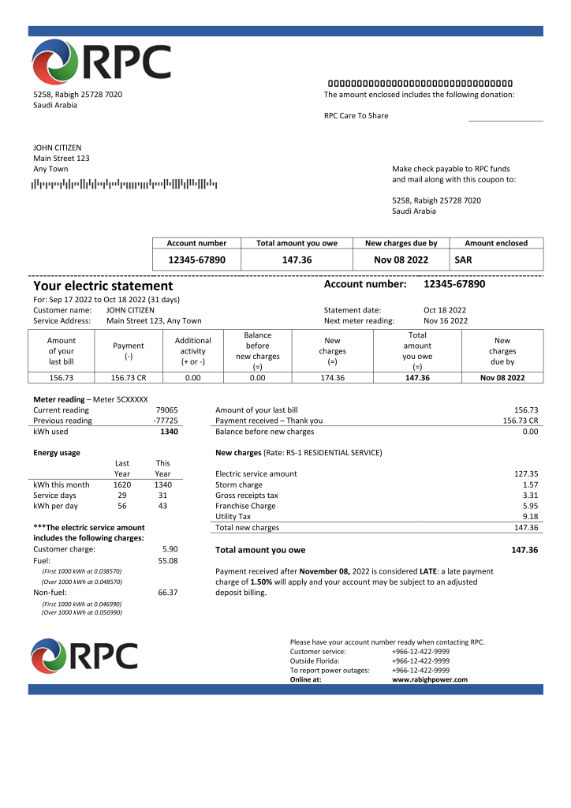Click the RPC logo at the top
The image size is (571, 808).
point(102,62)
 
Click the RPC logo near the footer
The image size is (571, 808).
point(84,656)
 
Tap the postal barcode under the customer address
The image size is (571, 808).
point(124,185)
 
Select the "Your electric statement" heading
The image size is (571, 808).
point(103,286)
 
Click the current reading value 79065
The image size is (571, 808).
point(166,410)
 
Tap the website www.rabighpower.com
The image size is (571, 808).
point(429,679)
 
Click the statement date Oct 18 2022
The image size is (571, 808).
point(445,310)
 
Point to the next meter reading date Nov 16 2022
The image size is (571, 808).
point(445,321)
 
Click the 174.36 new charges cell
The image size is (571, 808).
point(332,378)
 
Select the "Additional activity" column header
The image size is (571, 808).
point(192,351)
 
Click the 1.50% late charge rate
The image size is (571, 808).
point(262,582)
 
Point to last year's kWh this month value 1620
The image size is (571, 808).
point(122,484)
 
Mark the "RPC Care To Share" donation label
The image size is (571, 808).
point(356,115)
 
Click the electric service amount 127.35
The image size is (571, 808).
point(525,473)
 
